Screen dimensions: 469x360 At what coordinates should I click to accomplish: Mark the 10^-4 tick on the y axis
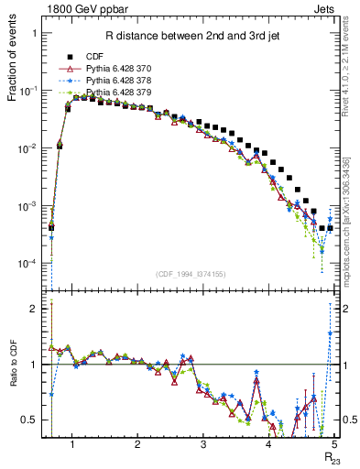pos(29,264)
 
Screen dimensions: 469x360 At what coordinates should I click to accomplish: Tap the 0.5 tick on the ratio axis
pos(29,420)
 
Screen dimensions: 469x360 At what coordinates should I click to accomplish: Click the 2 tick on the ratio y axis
pos(33,309)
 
